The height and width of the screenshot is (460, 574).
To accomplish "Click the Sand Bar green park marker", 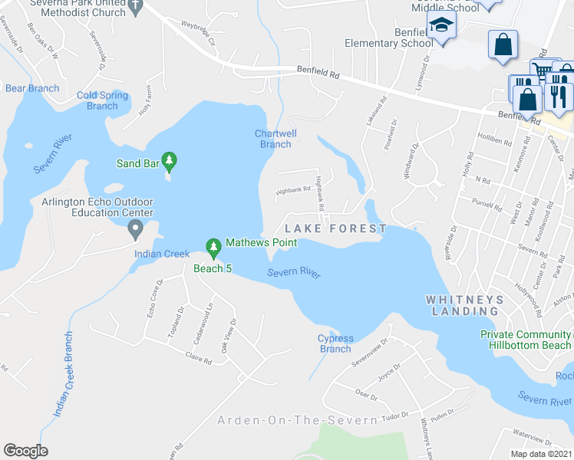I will coord(170,162).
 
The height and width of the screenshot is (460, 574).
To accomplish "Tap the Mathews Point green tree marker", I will coord(213,246).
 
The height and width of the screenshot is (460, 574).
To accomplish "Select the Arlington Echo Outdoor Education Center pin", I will coord(136,228).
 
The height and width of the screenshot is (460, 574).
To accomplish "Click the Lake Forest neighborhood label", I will coord(335,228).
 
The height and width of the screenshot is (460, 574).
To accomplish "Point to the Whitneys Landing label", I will coord(465,305).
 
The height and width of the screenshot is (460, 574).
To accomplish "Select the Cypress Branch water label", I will coord(335,343).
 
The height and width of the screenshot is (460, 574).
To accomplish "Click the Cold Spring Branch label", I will coord(103,100).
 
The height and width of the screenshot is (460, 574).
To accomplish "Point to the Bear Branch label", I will coord(32,88).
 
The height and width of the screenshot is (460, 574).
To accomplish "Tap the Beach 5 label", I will coord(213,268).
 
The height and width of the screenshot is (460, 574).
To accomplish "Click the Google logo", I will coord(25,451).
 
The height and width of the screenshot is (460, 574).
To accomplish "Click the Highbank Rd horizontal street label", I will coord(293,189).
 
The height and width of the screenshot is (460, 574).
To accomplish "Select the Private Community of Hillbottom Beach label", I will coord(526,340).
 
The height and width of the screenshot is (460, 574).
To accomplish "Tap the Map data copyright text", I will coord(540,454).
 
